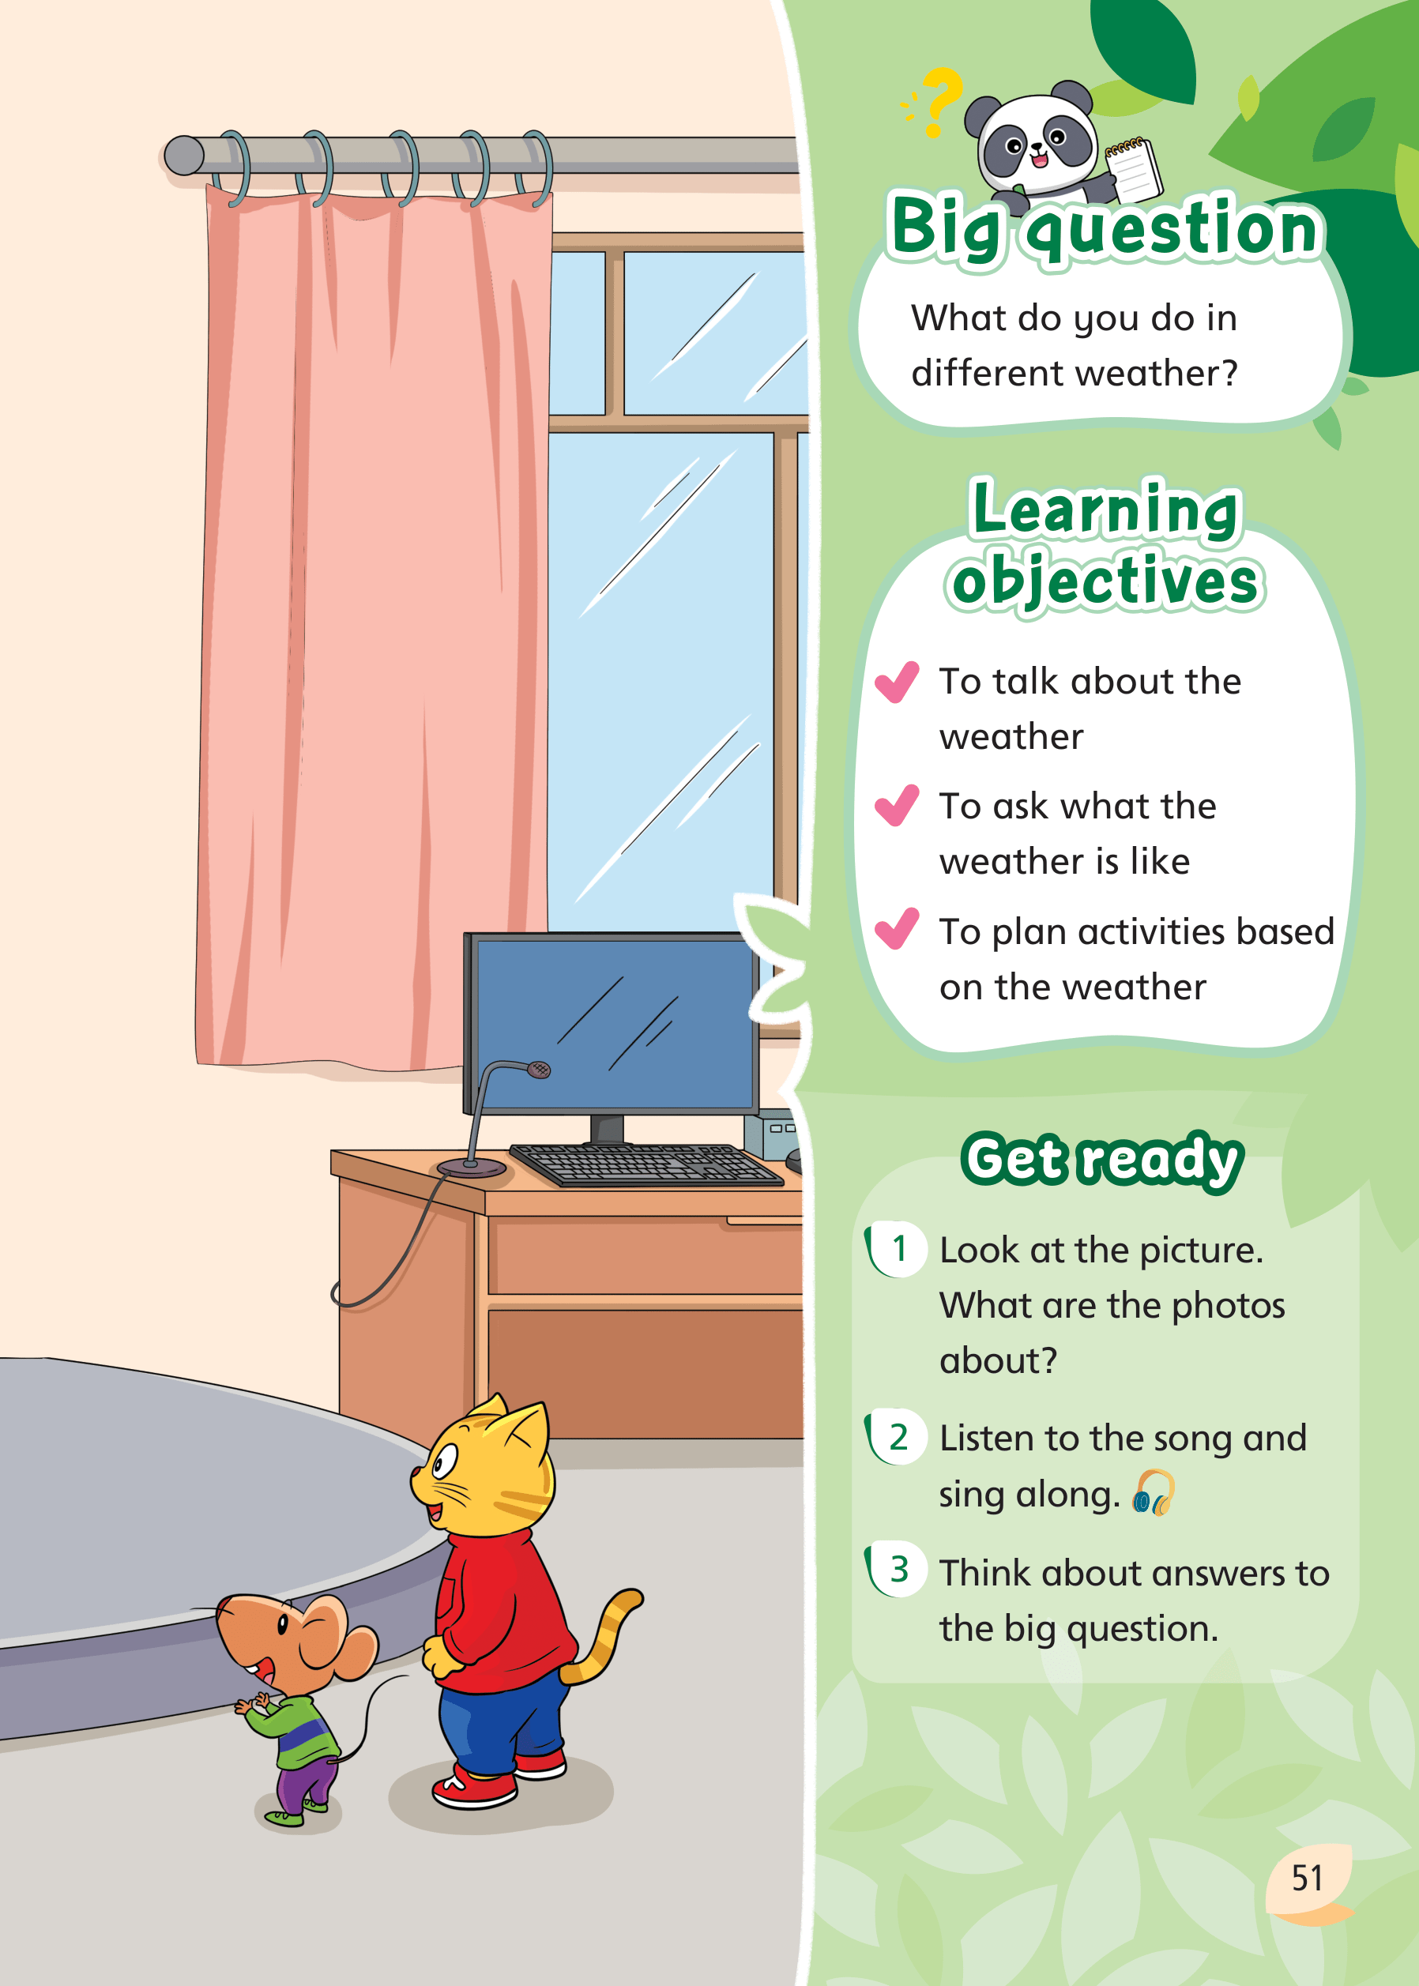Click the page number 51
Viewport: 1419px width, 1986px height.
pyautogui.click(x=1307, y=1878)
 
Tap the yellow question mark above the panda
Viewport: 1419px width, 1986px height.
pyautogui.click(x=942, y=101)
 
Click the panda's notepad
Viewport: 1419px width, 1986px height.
pyautogui.click(x=1133, y=167)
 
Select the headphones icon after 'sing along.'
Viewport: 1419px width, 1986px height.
pyautogui.click(x=1154, y=1492)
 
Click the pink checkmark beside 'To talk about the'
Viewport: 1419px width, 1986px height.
pyautogui.click(x=897, y=682)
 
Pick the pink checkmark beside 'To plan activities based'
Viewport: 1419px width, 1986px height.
pyautogui.click(x=897, y=929)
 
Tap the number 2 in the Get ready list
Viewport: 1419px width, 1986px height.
pyautogui.click(x=898, y=1437)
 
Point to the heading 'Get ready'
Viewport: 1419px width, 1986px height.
pyautogui.click(x=1102, y=1160)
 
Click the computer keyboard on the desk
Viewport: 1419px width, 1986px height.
pyautogui.click(x=646, y=1164)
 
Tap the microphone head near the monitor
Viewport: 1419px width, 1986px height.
pyautogui.click(x=539, y=1070)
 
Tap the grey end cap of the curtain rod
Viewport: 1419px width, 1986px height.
pyautogui.click(x=183, y=156)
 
